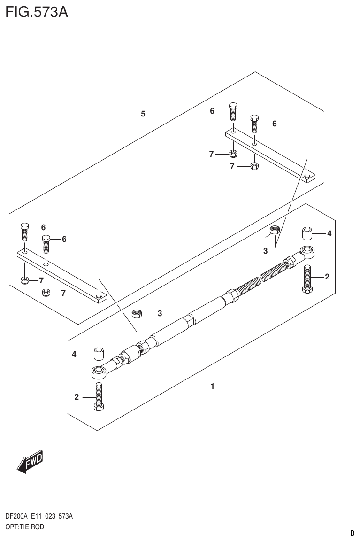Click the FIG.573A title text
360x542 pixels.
point(36,12)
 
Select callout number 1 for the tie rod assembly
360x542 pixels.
point(213,387)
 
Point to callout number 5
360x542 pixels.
point(143,114)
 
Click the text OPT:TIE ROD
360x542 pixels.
point(24,527)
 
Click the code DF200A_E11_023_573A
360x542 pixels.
point(38,517)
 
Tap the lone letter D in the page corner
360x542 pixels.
point(352,533)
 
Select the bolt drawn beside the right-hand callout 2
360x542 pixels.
point(307,279)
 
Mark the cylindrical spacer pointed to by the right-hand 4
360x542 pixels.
point(307,233)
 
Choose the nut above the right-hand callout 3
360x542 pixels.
point(275,230)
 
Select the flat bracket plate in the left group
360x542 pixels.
point(61,275)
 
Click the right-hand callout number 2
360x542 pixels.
point(327,277)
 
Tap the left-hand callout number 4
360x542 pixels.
point(74,355)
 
